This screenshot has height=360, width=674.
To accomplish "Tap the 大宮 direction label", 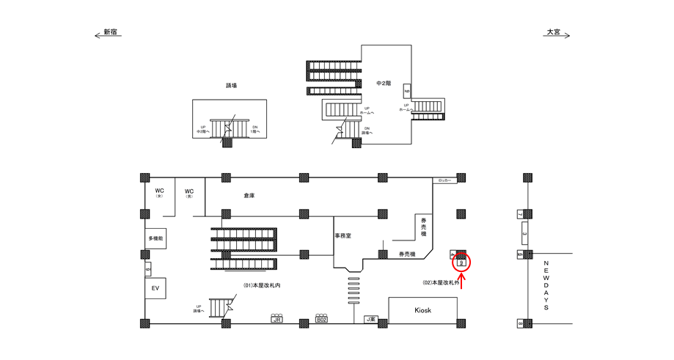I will (x=552, y=32).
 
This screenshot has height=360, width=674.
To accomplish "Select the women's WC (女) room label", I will (x=159, y=194).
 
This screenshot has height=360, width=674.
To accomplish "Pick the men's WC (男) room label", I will (x=188, y=194).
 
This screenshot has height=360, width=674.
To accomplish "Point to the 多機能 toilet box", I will (x=155, y=240).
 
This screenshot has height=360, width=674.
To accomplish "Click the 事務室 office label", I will (x=344, y=236).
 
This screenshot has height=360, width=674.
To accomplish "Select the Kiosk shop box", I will (x=422, y=310).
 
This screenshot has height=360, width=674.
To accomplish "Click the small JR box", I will (x=277, y=320).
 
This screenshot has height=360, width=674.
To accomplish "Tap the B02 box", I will (x=321, y=320).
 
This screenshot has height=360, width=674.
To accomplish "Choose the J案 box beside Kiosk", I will (x=371, y=320).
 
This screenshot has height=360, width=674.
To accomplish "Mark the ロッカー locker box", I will (x=444, y=180).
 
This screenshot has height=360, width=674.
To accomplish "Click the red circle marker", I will (x=462, y=260).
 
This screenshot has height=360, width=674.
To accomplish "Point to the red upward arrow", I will (x=462, y=281).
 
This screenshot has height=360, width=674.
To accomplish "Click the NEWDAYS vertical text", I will (x=546, y=284).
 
